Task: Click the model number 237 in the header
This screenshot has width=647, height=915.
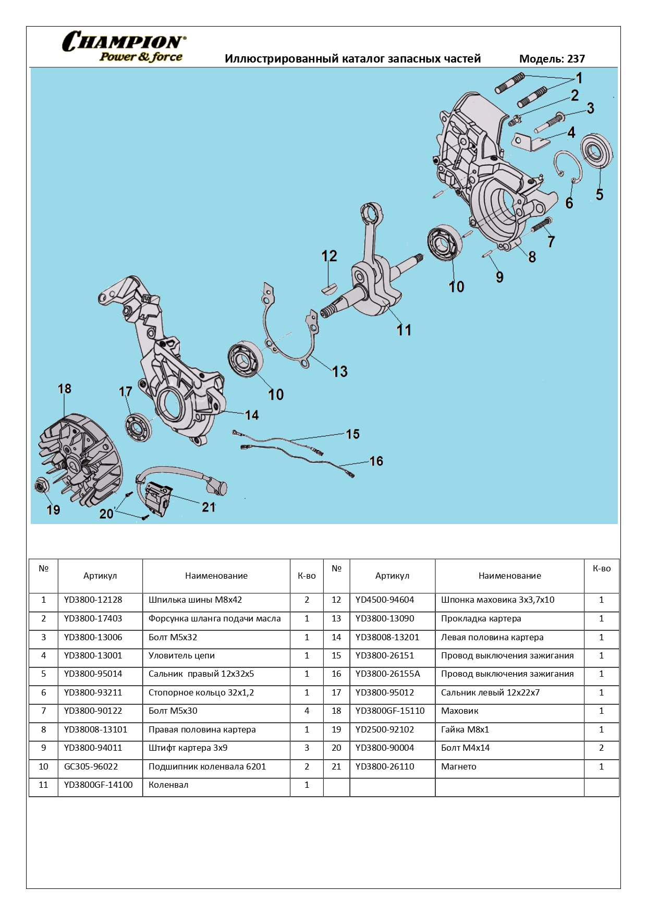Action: click(x=576, y=59)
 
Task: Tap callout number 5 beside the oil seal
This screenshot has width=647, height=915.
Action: click(x=600, y=195)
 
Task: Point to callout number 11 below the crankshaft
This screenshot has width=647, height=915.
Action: click(x=404, y=330)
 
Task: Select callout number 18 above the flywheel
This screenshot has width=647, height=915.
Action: click(x=64, y=389)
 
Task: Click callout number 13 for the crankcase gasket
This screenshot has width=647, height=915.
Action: click(x=339, y=372)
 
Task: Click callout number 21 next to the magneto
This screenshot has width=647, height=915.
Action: click(x=209, y=507)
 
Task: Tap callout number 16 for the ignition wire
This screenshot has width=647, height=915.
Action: click(x=376, y=461)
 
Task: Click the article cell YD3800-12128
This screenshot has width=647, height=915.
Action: click(x=93, y=600)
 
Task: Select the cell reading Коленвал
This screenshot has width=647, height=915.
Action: click(x=168, y=785)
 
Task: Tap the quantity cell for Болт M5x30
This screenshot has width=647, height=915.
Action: click(x=307, y=711)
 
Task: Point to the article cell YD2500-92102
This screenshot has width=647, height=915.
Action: click(x=385, y=730)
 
